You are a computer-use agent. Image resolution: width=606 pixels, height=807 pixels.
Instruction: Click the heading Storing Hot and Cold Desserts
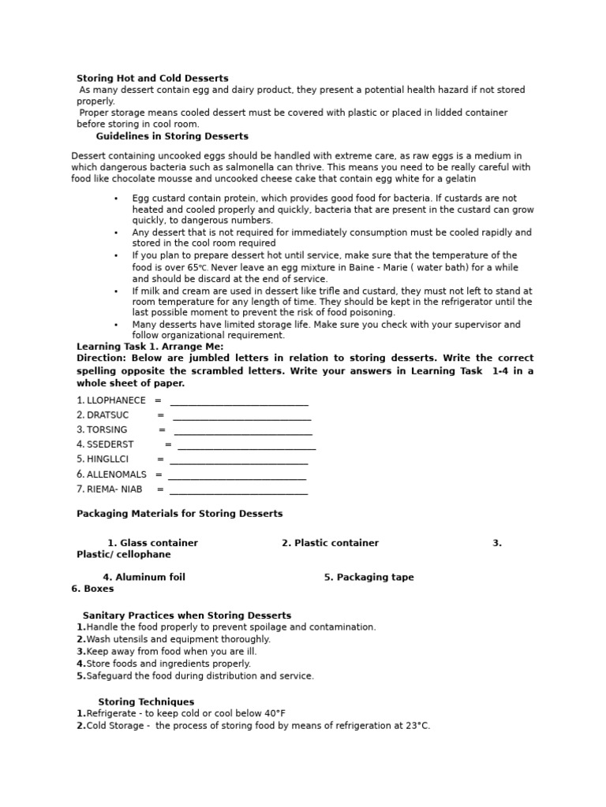coord(152,78)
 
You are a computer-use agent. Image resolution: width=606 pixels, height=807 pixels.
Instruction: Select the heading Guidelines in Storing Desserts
coord(172,136)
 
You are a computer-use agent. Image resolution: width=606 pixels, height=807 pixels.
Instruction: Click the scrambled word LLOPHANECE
coord(111,400)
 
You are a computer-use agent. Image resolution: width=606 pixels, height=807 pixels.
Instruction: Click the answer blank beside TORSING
coord(243,430)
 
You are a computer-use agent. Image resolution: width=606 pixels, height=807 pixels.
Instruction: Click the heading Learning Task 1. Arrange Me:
coord(150,346)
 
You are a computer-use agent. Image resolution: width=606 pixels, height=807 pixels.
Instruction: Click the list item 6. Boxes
coord(92,589)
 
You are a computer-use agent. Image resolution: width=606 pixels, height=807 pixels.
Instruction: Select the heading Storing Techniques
coord(146,701)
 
